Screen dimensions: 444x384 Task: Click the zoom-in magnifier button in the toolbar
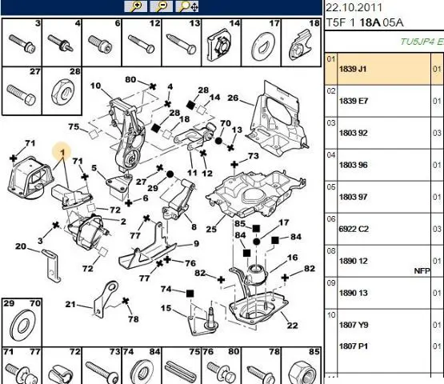[136, 6]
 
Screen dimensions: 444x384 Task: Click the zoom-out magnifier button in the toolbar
[161, 6]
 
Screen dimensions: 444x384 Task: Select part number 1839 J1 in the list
[353, 69]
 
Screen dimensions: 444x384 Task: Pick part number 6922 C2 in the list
[354, 229]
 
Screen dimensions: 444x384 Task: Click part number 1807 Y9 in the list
[354, 325]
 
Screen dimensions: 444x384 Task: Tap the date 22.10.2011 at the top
[354, 7]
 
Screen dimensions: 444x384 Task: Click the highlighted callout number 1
[62, 153]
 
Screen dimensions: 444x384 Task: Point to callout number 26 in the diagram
[233, 98]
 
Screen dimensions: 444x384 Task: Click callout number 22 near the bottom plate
[293, 325]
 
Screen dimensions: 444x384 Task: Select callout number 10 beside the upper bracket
[95, 86]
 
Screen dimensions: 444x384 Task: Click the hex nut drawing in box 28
[63, 92]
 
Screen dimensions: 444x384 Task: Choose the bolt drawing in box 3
[22, 44]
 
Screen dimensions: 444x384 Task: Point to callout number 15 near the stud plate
[166, 308]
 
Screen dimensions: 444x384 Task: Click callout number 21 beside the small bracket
[70, 305]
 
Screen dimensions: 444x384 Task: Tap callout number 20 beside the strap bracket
[21, 246]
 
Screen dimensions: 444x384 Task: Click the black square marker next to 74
[190, 294]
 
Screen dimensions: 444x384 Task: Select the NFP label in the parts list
[422, 271]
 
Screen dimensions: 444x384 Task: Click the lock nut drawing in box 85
[302, 370]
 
